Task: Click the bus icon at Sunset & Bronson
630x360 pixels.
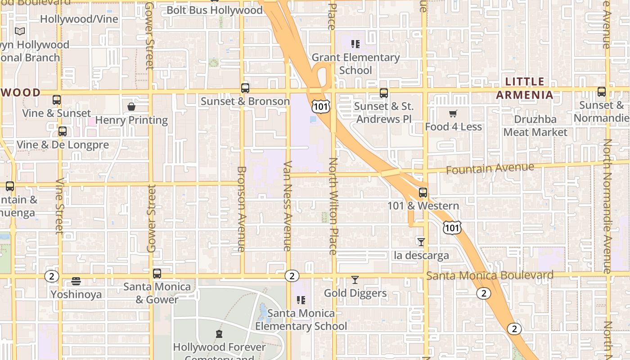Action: [x=245, y=88]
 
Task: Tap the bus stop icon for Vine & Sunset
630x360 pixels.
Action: [x=57, y=100]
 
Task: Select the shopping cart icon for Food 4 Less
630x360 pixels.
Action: [x=453, y=114]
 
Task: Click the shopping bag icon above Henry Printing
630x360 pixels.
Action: [x=131, y=107]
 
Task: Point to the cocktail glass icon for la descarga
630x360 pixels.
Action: [x=421, y=242]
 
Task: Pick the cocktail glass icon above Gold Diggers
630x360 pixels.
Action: [x=355, y=280]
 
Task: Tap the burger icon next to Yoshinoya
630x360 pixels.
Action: [x=76, y=282]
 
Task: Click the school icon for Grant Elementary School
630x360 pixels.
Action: [x=355, y=44]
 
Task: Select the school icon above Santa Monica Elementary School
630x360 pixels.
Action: [x=301, y=300]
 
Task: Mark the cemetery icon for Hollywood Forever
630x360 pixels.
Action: [x=219, y=334]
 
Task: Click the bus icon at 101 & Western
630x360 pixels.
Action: [x=423, y=193]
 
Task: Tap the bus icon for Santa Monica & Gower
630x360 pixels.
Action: [x=157, y=273]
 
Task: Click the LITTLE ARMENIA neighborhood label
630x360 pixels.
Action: [x=525, y=88]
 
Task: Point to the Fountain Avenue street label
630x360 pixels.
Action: [x=490, y=169]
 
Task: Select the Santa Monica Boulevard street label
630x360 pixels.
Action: [x=490, y=275]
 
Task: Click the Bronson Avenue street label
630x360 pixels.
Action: [x=241, y=209]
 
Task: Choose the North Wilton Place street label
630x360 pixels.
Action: [x=333, y=206]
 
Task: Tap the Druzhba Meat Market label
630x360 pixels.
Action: [x=535, y=126]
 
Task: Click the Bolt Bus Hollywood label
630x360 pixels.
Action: [x=215, y=10]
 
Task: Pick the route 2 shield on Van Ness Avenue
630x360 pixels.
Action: [x=292, y=275]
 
